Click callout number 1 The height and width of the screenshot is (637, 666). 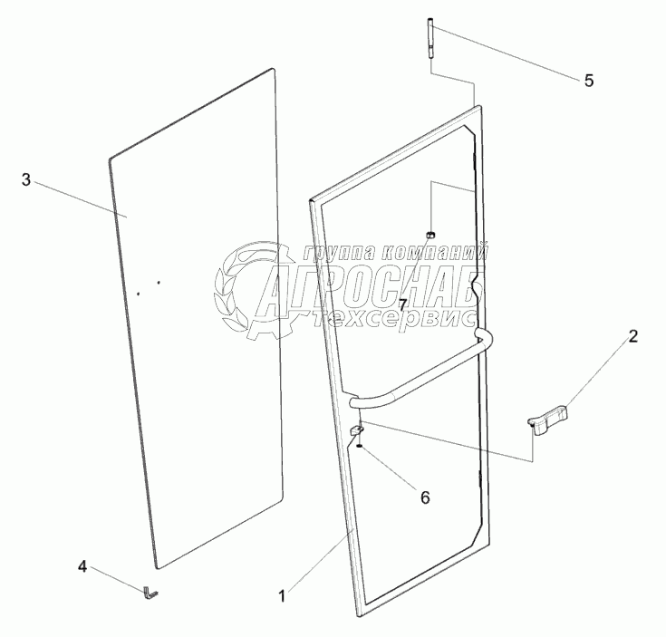click(x=282, y=595)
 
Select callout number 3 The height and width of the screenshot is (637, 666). click(x=27, y=180)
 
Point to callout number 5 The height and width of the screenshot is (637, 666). click(x=588, y=81)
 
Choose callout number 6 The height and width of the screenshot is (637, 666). click(x=423, y=497)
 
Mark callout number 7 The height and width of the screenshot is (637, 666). click(x=402, y=304)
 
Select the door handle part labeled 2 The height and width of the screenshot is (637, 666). click(x=550, y=418)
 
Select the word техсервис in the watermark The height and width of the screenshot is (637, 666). click(x=390, y=319)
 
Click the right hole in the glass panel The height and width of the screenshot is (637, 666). click(x=158, y=283)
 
